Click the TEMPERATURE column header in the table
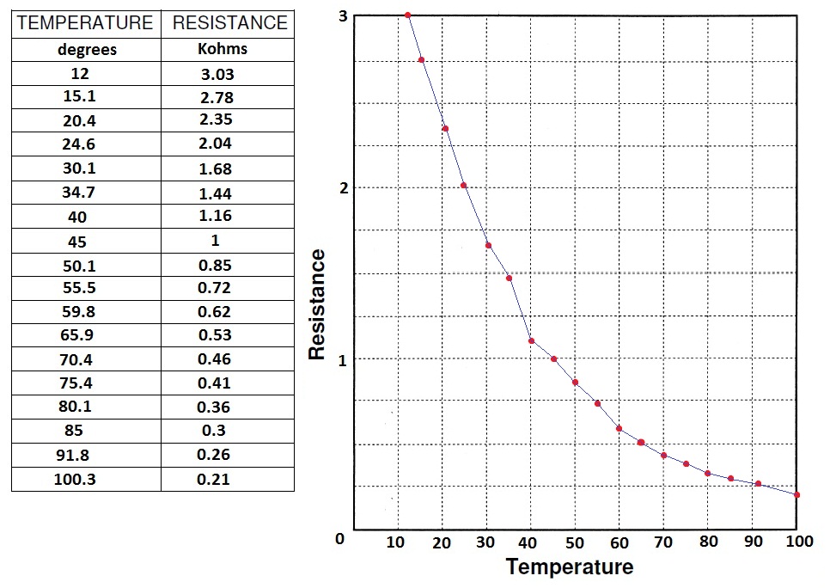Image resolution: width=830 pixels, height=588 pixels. pos(85,23)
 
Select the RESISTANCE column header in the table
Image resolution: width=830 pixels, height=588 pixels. pos(229,23)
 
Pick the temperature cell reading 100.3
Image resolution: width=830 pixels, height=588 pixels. pos(85,479)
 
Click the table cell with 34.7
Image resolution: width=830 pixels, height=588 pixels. pos(85,193)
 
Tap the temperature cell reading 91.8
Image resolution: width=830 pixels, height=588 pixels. pos(85,454)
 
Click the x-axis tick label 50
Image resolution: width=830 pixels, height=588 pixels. pos(575,542)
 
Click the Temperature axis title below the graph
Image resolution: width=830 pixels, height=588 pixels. pos(570,567)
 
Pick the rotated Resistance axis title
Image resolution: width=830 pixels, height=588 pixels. pos(317,304)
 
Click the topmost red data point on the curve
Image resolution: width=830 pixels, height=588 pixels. pos(407,15)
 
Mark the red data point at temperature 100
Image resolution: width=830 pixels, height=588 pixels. pos(797,494)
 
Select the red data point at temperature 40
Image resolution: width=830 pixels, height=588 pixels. pos(531,341)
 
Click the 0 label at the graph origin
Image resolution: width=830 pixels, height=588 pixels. pos(339,539)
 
